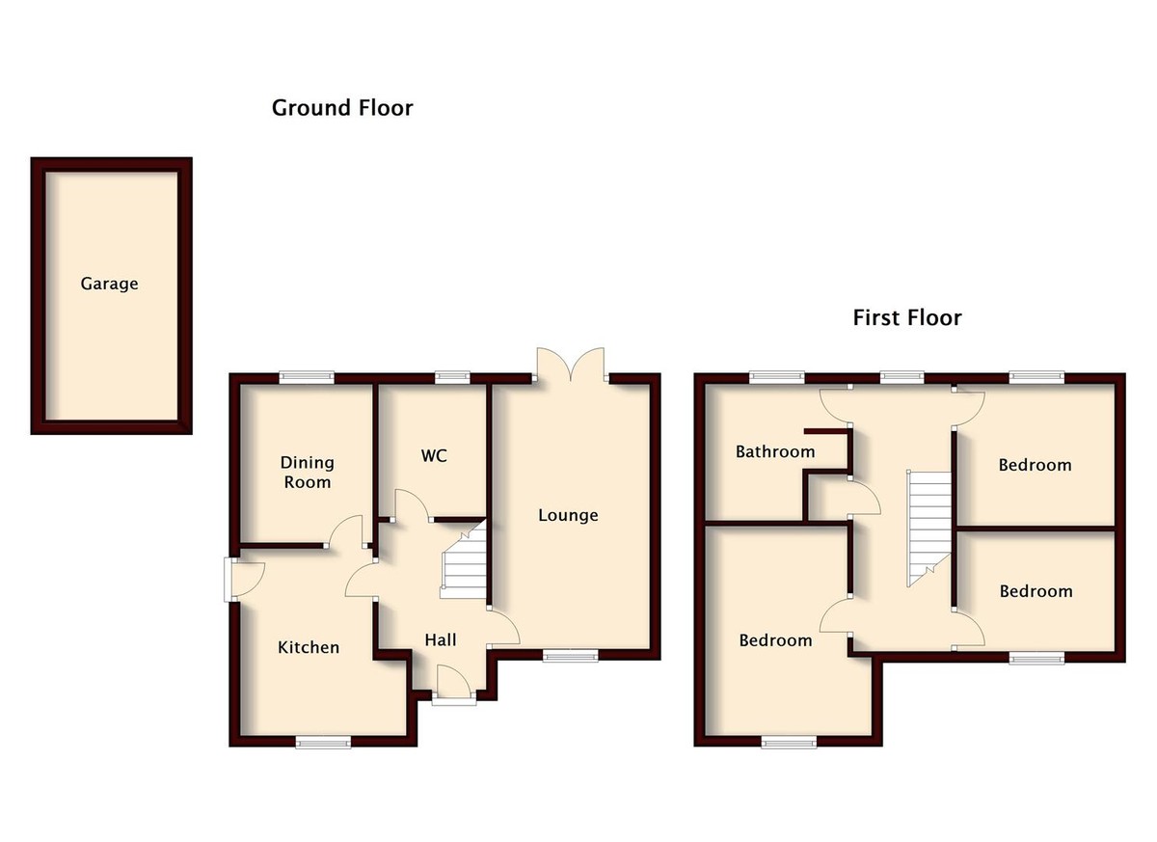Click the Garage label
point(109,284)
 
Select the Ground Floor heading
point(342,107)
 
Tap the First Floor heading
point(906,317)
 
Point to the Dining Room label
point(306,472)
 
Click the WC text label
point(434,455)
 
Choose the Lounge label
point(568,515)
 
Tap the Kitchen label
point(309,647)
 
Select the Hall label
point(440,639)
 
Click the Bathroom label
point(774,451)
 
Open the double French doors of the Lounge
point(570,367)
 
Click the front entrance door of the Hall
point(453,686)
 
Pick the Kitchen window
point(323,742)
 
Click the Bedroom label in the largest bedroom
point(775,640)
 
